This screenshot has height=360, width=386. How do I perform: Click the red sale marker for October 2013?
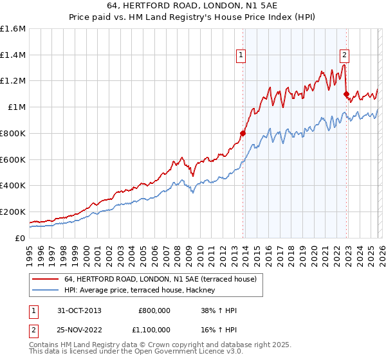click(243, 134)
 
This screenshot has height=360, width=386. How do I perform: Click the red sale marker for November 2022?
click(346, 94)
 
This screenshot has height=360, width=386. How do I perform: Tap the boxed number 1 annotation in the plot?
click(241, 56)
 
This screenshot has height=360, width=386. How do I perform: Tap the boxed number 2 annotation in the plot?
click(344, 56)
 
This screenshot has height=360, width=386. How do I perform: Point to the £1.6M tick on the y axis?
click(12, 29)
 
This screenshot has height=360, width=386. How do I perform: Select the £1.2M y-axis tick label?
click(12, 81)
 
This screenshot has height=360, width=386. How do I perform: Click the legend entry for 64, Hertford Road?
click(160, 279)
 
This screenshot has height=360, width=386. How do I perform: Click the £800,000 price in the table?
click(154, 310)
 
